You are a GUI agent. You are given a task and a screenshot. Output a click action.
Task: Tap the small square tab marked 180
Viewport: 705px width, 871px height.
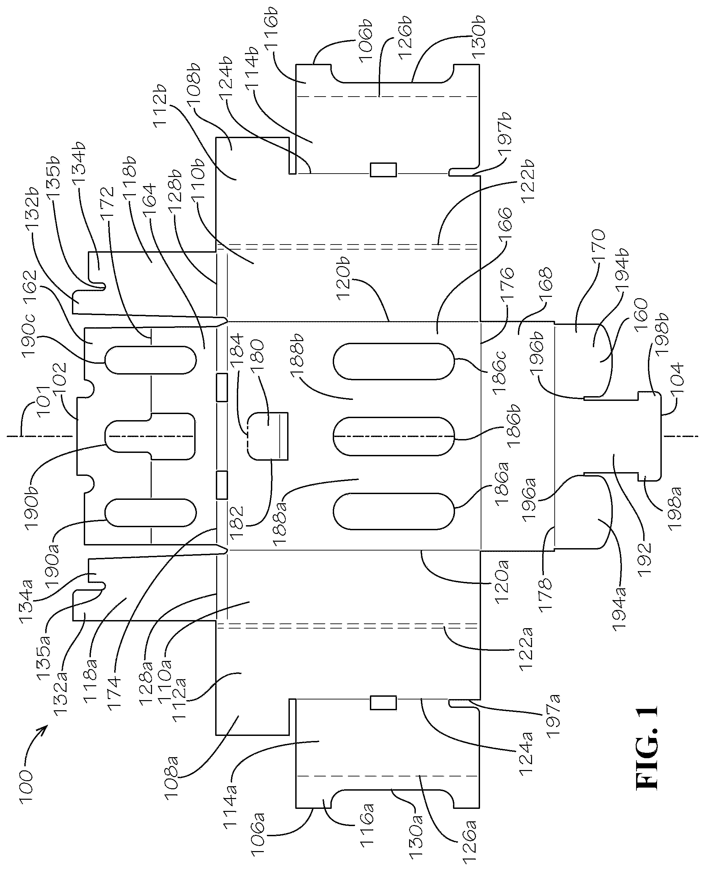click(x=268, y=436)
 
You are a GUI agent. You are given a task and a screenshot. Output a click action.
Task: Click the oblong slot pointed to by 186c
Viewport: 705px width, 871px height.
click(x=393, y=361)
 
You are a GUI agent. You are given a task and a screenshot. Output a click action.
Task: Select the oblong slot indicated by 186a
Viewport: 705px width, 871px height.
click(x=393, y=511)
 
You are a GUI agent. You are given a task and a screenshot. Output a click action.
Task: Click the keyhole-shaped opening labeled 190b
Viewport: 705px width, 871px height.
click(x=150, y=436)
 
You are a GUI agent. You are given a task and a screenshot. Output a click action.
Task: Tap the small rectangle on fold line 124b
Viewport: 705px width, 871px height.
click(x=383, y=170)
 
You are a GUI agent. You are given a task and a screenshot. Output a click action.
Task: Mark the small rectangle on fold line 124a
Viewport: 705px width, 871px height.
click(x=383, y=703)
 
